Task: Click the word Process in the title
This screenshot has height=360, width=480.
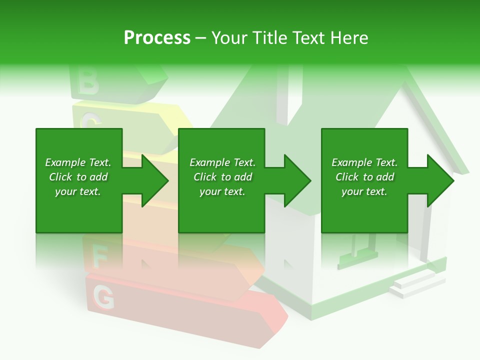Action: point(157,38)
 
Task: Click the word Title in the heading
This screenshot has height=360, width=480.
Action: point(269,38)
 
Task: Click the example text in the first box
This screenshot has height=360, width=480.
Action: point(78,177)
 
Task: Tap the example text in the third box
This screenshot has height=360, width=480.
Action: point(364,177)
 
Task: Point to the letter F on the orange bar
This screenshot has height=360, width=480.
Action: point(100,257)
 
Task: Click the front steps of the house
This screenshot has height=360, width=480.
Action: point(411,284)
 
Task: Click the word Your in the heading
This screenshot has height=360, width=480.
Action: point(229,38)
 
